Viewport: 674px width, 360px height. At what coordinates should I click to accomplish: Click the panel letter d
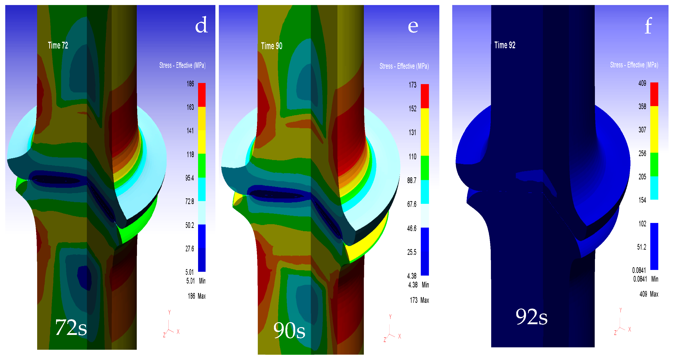pyautogui.click(x=201, y=25)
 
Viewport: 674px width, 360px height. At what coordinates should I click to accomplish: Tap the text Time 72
pyautogui.click(x=58, y=46)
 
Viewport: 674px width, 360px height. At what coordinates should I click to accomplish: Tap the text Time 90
pyautogui.click(x=272, y=46)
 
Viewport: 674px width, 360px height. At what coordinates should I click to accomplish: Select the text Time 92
pyautogui.click(x=505, y=45)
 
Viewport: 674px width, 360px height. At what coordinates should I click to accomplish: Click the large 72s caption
pyautogui.click(x=71, y=327)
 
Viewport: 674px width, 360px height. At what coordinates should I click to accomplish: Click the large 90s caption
pyautogui.click(x=289, y=330)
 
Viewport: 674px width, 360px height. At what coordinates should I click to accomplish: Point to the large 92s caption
pyautogui.click(x=531, y=317)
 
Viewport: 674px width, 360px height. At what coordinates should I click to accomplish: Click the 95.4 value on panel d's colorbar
pyautogui.click(x=190, y=178)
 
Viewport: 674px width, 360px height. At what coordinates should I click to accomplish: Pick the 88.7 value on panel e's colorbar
pyautogui.click(x=412, y=181)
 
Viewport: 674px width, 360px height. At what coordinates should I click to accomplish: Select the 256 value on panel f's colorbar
pyautogui.click(x=642, y=154)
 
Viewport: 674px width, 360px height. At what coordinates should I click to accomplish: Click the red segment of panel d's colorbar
pyautogui.click(x=202, y=95)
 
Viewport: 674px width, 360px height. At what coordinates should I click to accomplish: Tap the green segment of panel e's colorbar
pyautogui.click(x=425, y=168)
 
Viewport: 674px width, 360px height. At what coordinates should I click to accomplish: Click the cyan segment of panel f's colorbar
pyautogui.click(x=654, y=188)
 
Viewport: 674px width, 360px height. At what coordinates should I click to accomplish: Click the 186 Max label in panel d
pyautogui.click(x=196, y=296)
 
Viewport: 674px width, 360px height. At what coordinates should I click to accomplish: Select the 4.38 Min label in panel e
pyautogui.click(x=418, y=285)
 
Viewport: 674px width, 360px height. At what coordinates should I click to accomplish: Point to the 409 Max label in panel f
pyautogui.click(x=649, y=294)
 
